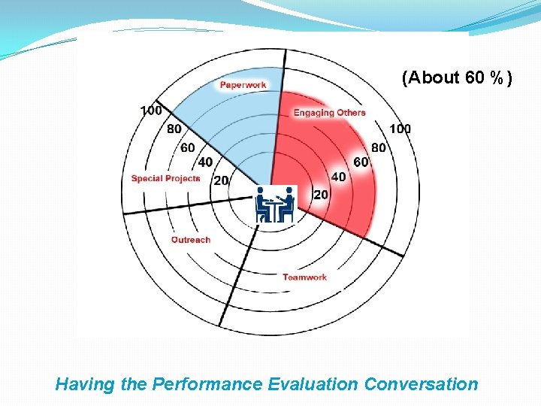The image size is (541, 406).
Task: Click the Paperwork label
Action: (x=243, y=85)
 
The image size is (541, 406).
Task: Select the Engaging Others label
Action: (x=329, y=113)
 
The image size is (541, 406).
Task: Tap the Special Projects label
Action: (x=165, y=178)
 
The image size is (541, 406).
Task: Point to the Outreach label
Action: (x=191, y=240)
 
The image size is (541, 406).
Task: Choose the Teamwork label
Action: (x=304, y=277)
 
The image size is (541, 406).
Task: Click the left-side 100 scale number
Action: (x=151, y=111)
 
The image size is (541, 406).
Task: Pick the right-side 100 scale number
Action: (x=400, y=129)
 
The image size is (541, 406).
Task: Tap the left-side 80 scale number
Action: (x=174, y=129)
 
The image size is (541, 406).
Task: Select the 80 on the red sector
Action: (x=378, y=147)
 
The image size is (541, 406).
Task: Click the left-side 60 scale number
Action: (x=188, y=147)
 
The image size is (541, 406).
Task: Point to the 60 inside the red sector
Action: (x=361, y=162)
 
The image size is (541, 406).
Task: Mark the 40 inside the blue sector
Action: (x=204, y=162)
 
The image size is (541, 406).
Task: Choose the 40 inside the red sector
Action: (x=338, y=177)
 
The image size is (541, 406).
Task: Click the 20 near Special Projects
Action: (x=222, y=180)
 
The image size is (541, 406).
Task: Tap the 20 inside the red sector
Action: (x=321, y=195)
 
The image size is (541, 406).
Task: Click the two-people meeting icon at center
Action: (x=274, y=205)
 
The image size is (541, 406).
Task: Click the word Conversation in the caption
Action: (x=421, y=384)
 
